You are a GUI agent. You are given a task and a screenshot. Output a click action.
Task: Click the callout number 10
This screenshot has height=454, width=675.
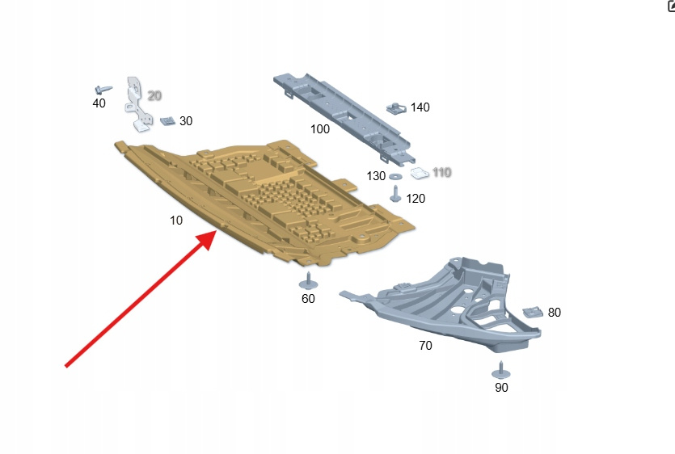(x=176, y=220)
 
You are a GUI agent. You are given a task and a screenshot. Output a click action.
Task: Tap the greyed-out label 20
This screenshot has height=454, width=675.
(x=154, y=95)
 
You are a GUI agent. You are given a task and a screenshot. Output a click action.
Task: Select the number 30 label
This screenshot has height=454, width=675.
(x=186, y=121)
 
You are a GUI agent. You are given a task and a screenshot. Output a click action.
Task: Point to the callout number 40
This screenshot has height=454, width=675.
(x=99, y=103)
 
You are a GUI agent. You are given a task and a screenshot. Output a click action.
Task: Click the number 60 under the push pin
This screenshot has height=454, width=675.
(x=308, y=299)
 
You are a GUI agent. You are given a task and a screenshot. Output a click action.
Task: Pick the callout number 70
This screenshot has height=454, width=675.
(x=425, y=346)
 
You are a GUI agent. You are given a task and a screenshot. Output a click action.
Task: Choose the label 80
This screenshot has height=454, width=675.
(x=554, y=313)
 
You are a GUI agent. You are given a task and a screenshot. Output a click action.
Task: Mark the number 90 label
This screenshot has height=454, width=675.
(x=502, y=389)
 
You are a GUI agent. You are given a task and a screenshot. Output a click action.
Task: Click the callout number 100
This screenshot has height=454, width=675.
(x=320, y=128)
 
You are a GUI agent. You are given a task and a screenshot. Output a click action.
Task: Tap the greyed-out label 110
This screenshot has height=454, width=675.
(x=441, y=172)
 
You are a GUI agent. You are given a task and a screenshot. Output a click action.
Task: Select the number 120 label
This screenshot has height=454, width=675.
(x=416, y=199)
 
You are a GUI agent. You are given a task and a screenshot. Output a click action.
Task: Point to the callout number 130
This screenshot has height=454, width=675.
(x=376, y=176)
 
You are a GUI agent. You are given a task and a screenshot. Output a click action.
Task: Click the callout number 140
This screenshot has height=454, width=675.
(x=420, y=107)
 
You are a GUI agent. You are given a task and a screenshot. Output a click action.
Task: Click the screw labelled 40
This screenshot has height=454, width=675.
(x=102, y=88)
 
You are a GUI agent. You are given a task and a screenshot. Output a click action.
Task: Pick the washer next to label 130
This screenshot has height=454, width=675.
(x=395, y=176)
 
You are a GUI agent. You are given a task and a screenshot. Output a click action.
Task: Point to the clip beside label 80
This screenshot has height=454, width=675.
(x=531, y=312)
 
